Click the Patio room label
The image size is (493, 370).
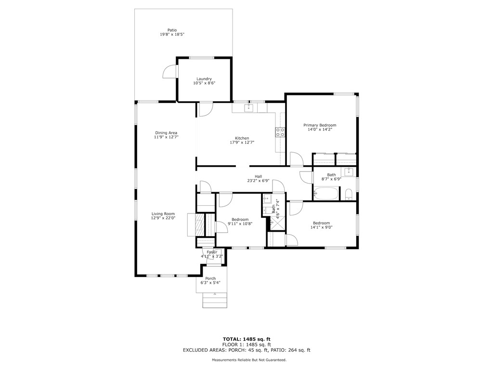click(x=172, y=30)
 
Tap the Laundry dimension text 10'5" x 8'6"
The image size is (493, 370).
click(x=204, y=83)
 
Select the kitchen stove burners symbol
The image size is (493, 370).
click(x=280, y=132)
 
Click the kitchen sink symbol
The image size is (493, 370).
click(x=249, y=108)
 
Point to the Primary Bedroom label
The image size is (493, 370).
click(x=320, y=125)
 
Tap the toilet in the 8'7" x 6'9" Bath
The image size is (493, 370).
click(x=349, y=195)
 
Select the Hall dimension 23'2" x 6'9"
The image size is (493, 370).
click(x=258, y=181)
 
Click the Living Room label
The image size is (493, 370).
click(x=163, y=213)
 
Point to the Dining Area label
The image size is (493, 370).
click(x=166, y=133)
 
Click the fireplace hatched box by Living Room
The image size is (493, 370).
click(x=199, y=225)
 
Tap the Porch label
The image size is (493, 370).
click(x=210, y=278)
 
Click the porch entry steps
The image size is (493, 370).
click(x=215, y=300)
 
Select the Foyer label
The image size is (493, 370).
click(x=212, y=252)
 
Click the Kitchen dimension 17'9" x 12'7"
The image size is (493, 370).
click(x=242, y=142)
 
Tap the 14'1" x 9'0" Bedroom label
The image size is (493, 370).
click(x=321, y=223)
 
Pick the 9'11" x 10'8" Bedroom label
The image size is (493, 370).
click(x=240, y=220)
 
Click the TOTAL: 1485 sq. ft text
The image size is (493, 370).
click(x=246, y=339)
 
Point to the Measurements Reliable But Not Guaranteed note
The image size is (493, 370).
click(x=249, y=359)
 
